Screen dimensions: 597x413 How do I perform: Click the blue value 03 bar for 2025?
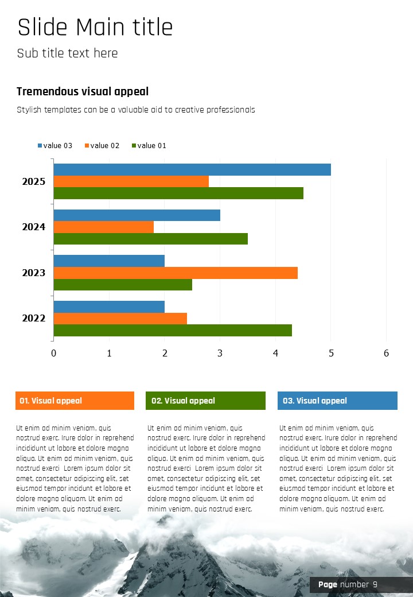coord(192,170)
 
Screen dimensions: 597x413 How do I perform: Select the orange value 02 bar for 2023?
coord(176,273)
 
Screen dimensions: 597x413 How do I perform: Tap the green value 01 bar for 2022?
coord(173,331)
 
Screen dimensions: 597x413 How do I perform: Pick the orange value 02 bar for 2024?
coord(104,227)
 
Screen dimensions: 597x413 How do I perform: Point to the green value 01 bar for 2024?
coord(151,239)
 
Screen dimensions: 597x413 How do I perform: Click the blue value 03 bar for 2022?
coord(109,307)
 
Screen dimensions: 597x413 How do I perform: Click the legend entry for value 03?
coord(55,146)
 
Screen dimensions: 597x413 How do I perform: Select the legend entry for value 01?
coord(149,146)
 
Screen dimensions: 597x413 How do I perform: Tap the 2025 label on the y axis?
coord(34,181)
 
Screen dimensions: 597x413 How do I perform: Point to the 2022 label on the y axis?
coord(34,318)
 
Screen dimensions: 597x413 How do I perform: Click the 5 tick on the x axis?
coord(331,353)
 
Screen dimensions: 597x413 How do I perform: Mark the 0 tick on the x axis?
coord(54,353)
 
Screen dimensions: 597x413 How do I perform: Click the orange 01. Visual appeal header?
coord(75,401)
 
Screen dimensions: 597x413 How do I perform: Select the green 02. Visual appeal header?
coord(205,401)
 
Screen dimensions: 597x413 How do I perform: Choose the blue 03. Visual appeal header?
coord(337,401)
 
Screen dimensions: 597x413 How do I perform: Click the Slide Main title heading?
coord(95,28)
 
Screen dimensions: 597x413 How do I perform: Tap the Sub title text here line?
coord(68,53)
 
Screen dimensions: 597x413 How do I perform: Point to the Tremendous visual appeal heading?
coord(83,91)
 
